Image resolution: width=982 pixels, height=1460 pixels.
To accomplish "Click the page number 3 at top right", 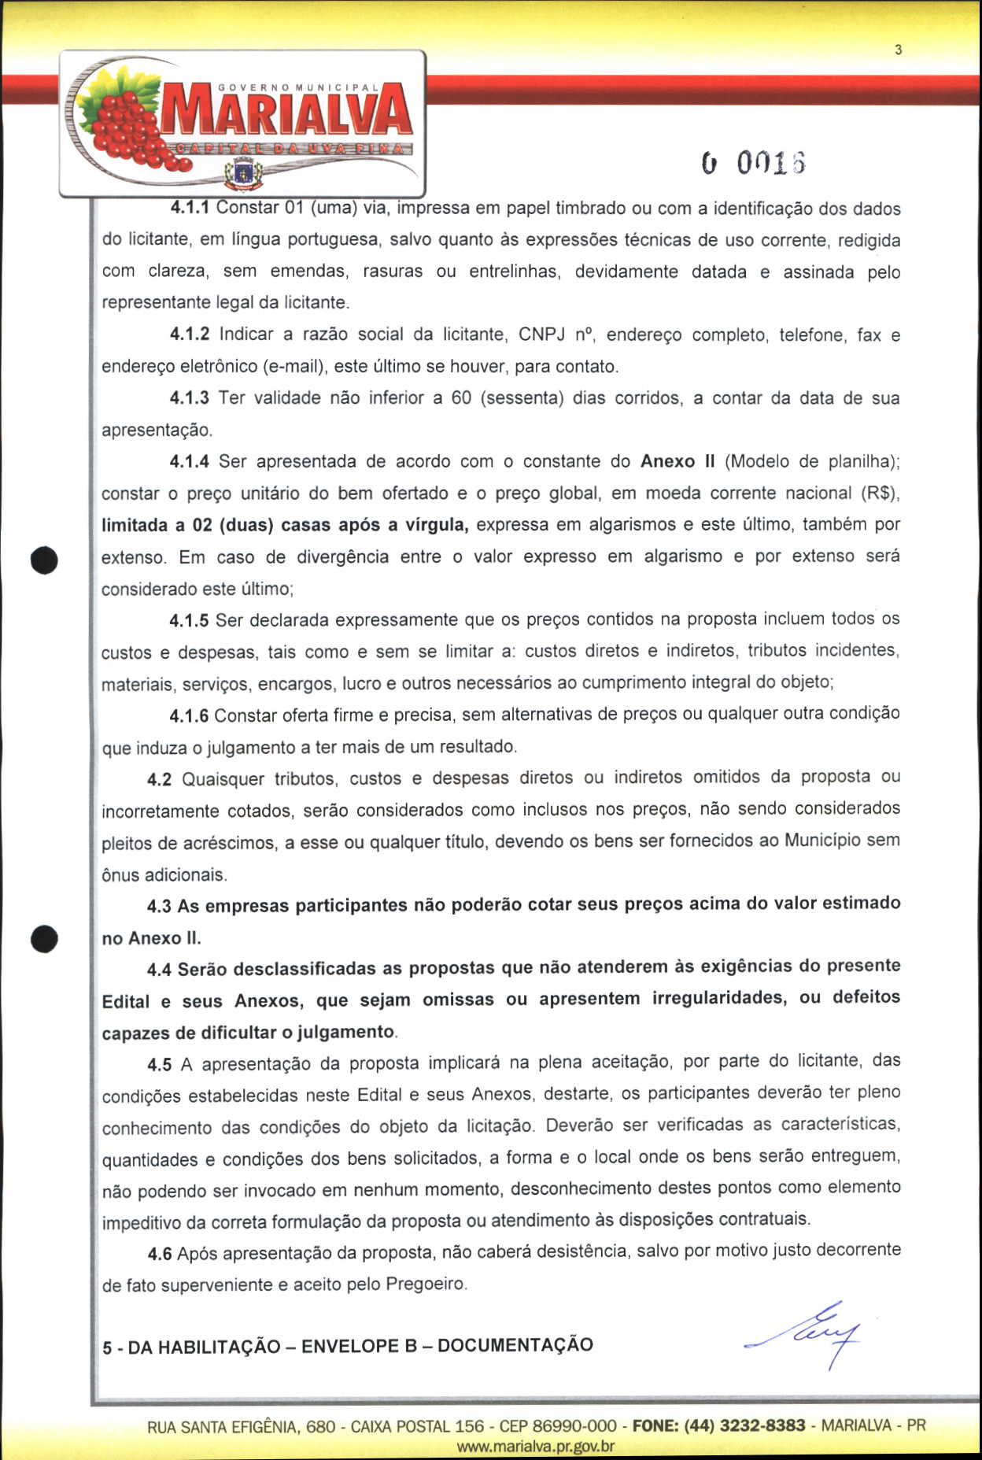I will coord(898,50).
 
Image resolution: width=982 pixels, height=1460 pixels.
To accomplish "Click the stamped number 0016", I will coord(754,163).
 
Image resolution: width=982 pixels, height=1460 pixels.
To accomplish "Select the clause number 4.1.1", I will coord(190,209).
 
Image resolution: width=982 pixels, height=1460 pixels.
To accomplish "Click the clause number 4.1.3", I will coord(190,398).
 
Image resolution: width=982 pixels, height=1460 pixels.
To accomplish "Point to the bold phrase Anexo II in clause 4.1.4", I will coord(677,461).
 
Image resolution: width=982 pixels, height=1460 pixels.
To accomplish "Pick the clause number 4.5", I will coord(159,1065).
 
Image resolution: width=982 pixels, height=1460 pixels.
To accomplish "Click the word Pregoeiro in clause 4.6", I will coord(426,1284).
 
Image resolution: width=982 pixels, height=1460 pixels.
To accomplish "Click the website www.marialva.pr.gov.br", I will coord(535,1446).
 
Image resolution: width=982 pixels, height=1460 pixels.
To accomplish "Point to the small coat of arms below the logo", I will coord(243,172).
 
